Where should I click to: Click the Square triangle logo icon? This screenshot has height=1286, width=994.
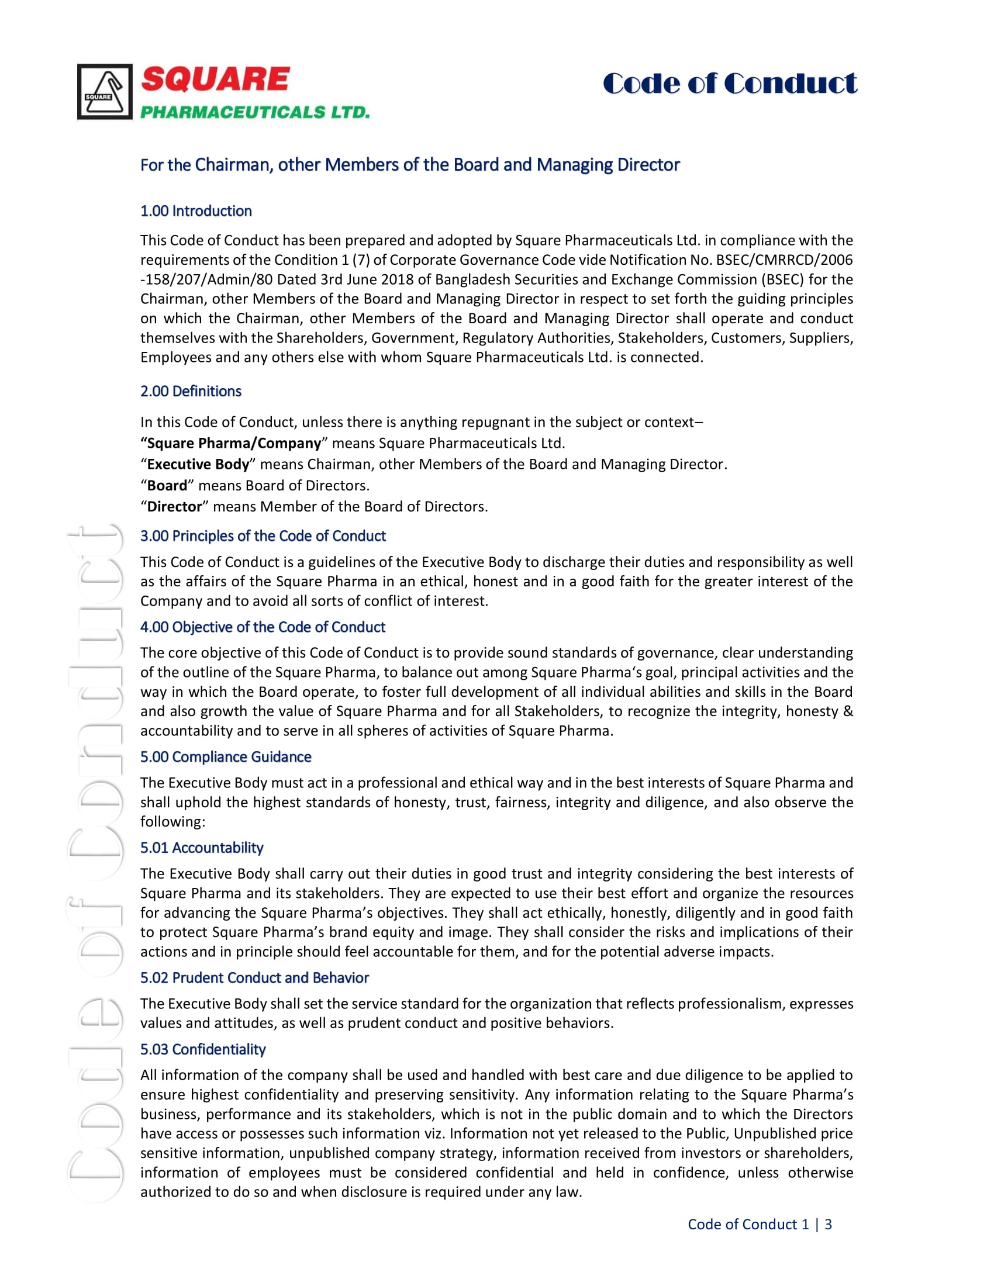click(105, 92)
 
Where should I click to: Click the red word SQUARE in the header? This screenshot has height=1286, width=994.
click(216, 79)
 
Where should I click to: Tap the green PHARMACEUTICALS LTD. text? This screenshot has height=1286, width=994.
click(255, 112)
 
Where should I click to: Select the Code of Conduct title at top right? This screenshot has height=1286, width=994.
click(730, 83)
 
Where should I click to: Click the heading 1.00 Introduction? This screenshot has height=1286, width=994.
click(196, 211)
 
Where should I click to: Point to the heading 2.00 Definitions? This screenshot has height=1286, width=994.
click(191, 391)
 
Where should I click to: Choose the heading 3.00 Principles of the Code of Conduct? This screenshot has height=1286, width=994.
click(263, 536)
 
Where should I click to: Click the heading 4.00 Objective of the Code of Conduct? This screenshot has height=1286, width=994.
click(263, 627)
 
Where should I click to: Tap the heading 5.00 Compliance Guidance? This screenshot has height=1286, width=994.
click(226, 756)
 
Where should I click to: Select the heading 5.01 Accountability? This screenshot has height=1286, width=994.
click(201, 848)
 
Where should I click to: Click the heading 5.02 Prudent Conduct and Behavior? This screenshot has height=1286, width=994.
click(254, 977)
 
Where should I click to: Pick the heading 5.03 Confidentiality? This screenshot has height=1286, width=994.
click(202, 1049)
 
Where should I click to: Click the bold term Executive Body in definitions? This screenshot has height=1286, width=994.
click(198, 464)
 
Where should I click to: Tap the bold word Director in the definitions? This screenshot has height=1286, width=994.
click(174, 506)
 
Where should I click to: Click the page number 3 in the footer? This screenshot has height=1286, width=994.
click(828, 1224)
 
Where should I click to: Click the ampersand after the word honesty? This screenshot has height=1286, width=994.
click(848, 711)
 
